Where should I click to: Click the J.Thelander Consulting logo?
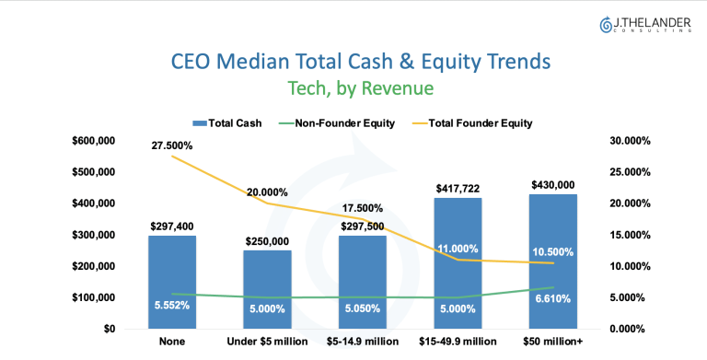point(644,25)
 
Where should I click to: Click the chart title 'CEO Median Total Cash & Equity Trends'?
point(361,62)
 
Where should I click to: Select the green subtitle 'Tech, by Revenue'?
point(361,88)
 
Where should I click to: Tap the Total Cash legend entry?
point(226,123)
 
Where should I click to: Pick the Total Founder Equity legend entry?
point(472,123)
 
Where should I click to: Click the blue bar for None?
point(172,282)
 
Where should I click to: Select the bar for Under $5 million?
point(267,290)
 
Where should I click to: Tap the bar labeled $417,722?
point(458,263)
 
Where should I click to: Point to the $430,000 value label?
point(553,184)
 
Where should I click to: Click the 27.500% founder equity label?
point(172,145)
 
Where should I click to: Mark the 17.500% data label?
point(362,208)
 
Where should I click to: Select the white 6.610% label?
point(553,298)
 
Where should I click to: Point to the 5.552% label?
point(172,306)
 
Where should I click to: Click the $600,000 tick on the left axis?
point(94,141)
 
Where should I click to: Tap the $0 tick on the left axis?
point(110,329)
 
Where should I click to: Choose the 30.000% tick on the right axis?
point(630,141)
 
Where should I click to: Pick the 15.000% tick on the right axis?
point(630,235)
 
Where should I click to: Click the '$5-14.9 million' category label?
point(363,342)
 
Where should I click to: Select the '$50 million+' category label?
point(552,342)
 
